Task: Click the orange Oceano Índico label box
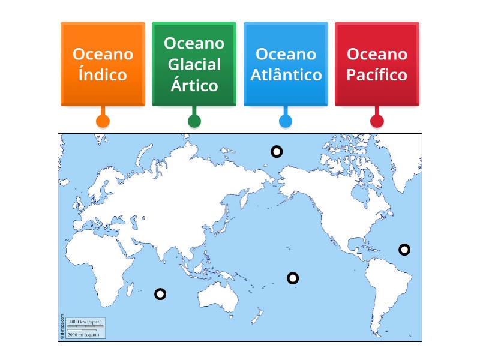click(103, 64)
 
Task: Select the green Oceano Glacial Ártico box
click(194, 64)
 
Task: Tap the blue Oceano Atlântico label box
click(286, 64)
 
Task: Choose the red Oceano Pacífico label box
click(377, 64)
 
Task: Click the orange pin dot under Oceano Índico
click(103, 121)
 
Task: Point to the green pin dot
click(194, 121)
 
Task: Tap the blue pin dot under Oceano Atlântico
click(286, 121)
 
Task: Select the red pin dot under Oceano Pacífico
click(377, 121)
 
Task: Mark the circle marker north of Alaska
click(276, 151)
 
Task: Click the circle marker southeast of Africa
click(160, 294)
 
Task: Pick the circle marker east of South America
click(405, 250)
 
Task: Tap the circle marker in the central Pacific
click(293, 278)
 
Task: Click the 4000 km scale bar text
click(85, 322)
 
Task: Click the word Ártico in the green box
click(194, 85)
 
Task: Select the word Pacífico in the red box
click(377, 75)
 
